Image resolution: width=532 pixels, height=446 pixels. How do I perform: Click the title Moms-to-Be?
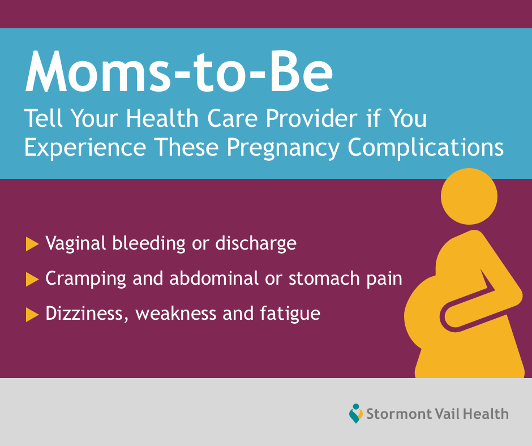(x=179, y=72)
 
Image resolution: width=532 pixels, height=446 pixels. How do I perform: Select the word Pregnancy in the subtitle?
(x=283, y=148)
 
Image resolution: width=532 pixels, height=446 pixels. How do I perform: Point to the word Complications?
(x=426, y=148)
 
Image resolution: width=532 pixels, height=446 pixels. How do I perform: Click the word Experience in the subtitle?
(x=85, y=148)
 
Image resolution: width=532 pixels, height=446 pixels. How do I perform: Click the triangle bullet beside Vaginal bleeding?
(x=32, y=244)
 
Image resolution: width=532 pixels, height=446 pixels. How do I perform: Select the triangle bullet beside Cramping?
(x=32, y=280)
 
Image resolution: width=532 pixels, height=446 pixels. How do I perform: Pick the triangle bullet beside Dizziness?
(x=32, y=314)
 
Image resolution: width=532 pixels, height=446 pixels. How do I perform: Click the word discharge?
(x=256, y=244)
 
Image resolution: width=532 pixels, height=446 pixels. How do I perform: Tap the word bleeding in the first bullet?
(x=149, y=244)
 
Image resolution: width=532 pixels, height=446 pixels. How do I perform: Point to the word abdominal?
(x=214, y=278)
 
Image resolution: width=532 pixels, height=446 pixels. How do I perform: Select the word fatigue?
(x=290, y=314)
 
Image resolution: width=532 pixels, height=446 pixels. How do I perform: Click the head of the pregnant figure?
(x=469, y=196)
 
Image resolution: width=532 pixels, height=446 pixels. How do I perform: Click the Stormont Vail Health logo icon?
(x=355, y=413)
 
